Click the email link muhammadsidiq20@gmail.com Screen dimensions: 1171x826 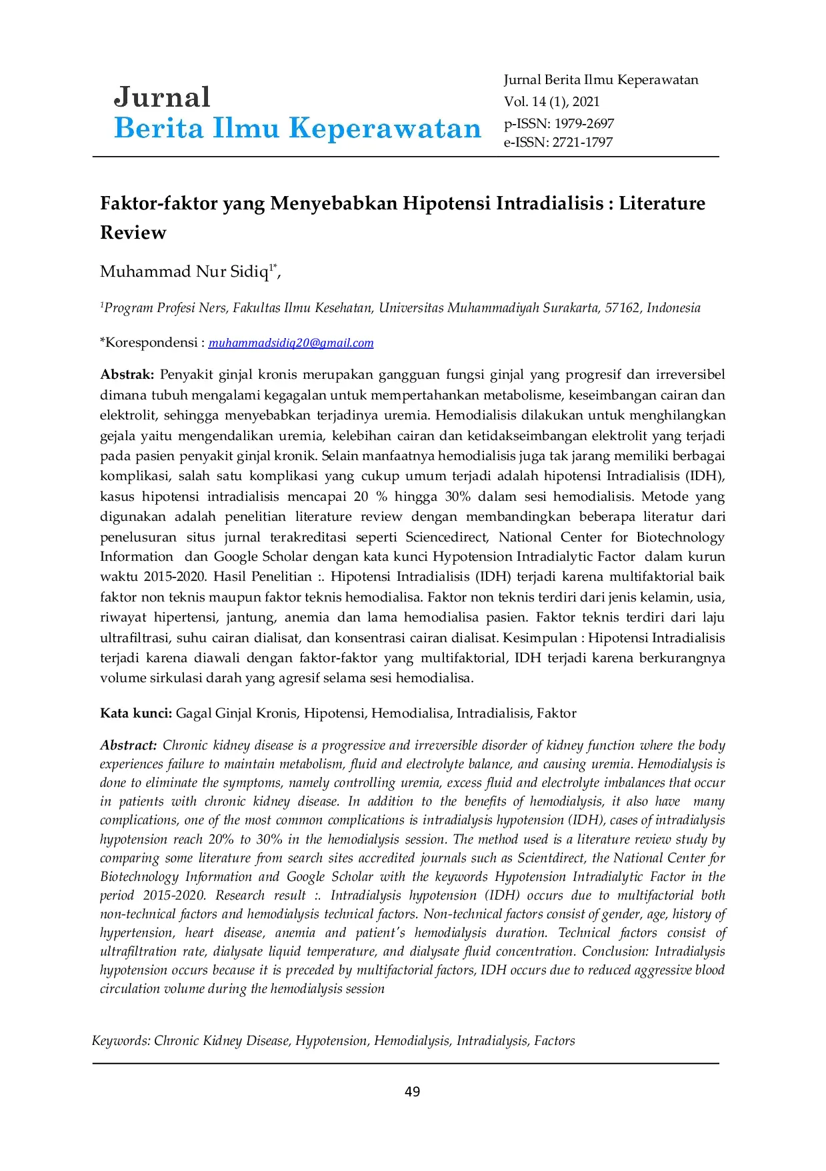tap(291, 343)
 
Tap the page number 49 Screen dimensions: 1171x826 tap(413, 1091)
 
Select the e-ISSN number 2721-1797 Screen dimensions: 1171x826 tap(582, 142)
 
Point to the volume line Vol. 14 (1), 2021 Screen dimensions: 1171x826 tap(551, 101)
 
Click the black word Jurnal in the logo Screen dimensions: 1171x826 tap(162, 97)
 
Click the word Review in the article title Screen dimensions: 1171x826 tap(133, 233)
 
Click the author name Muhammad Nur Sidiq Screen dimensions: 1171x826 tap(184, 272)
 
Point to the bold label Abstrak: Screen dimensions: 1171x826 tap(127, 374)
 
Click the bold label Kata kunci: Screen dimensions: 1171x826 tap(136, 713)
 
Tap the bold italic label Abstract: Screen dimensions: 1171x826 tap(129, 745)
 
